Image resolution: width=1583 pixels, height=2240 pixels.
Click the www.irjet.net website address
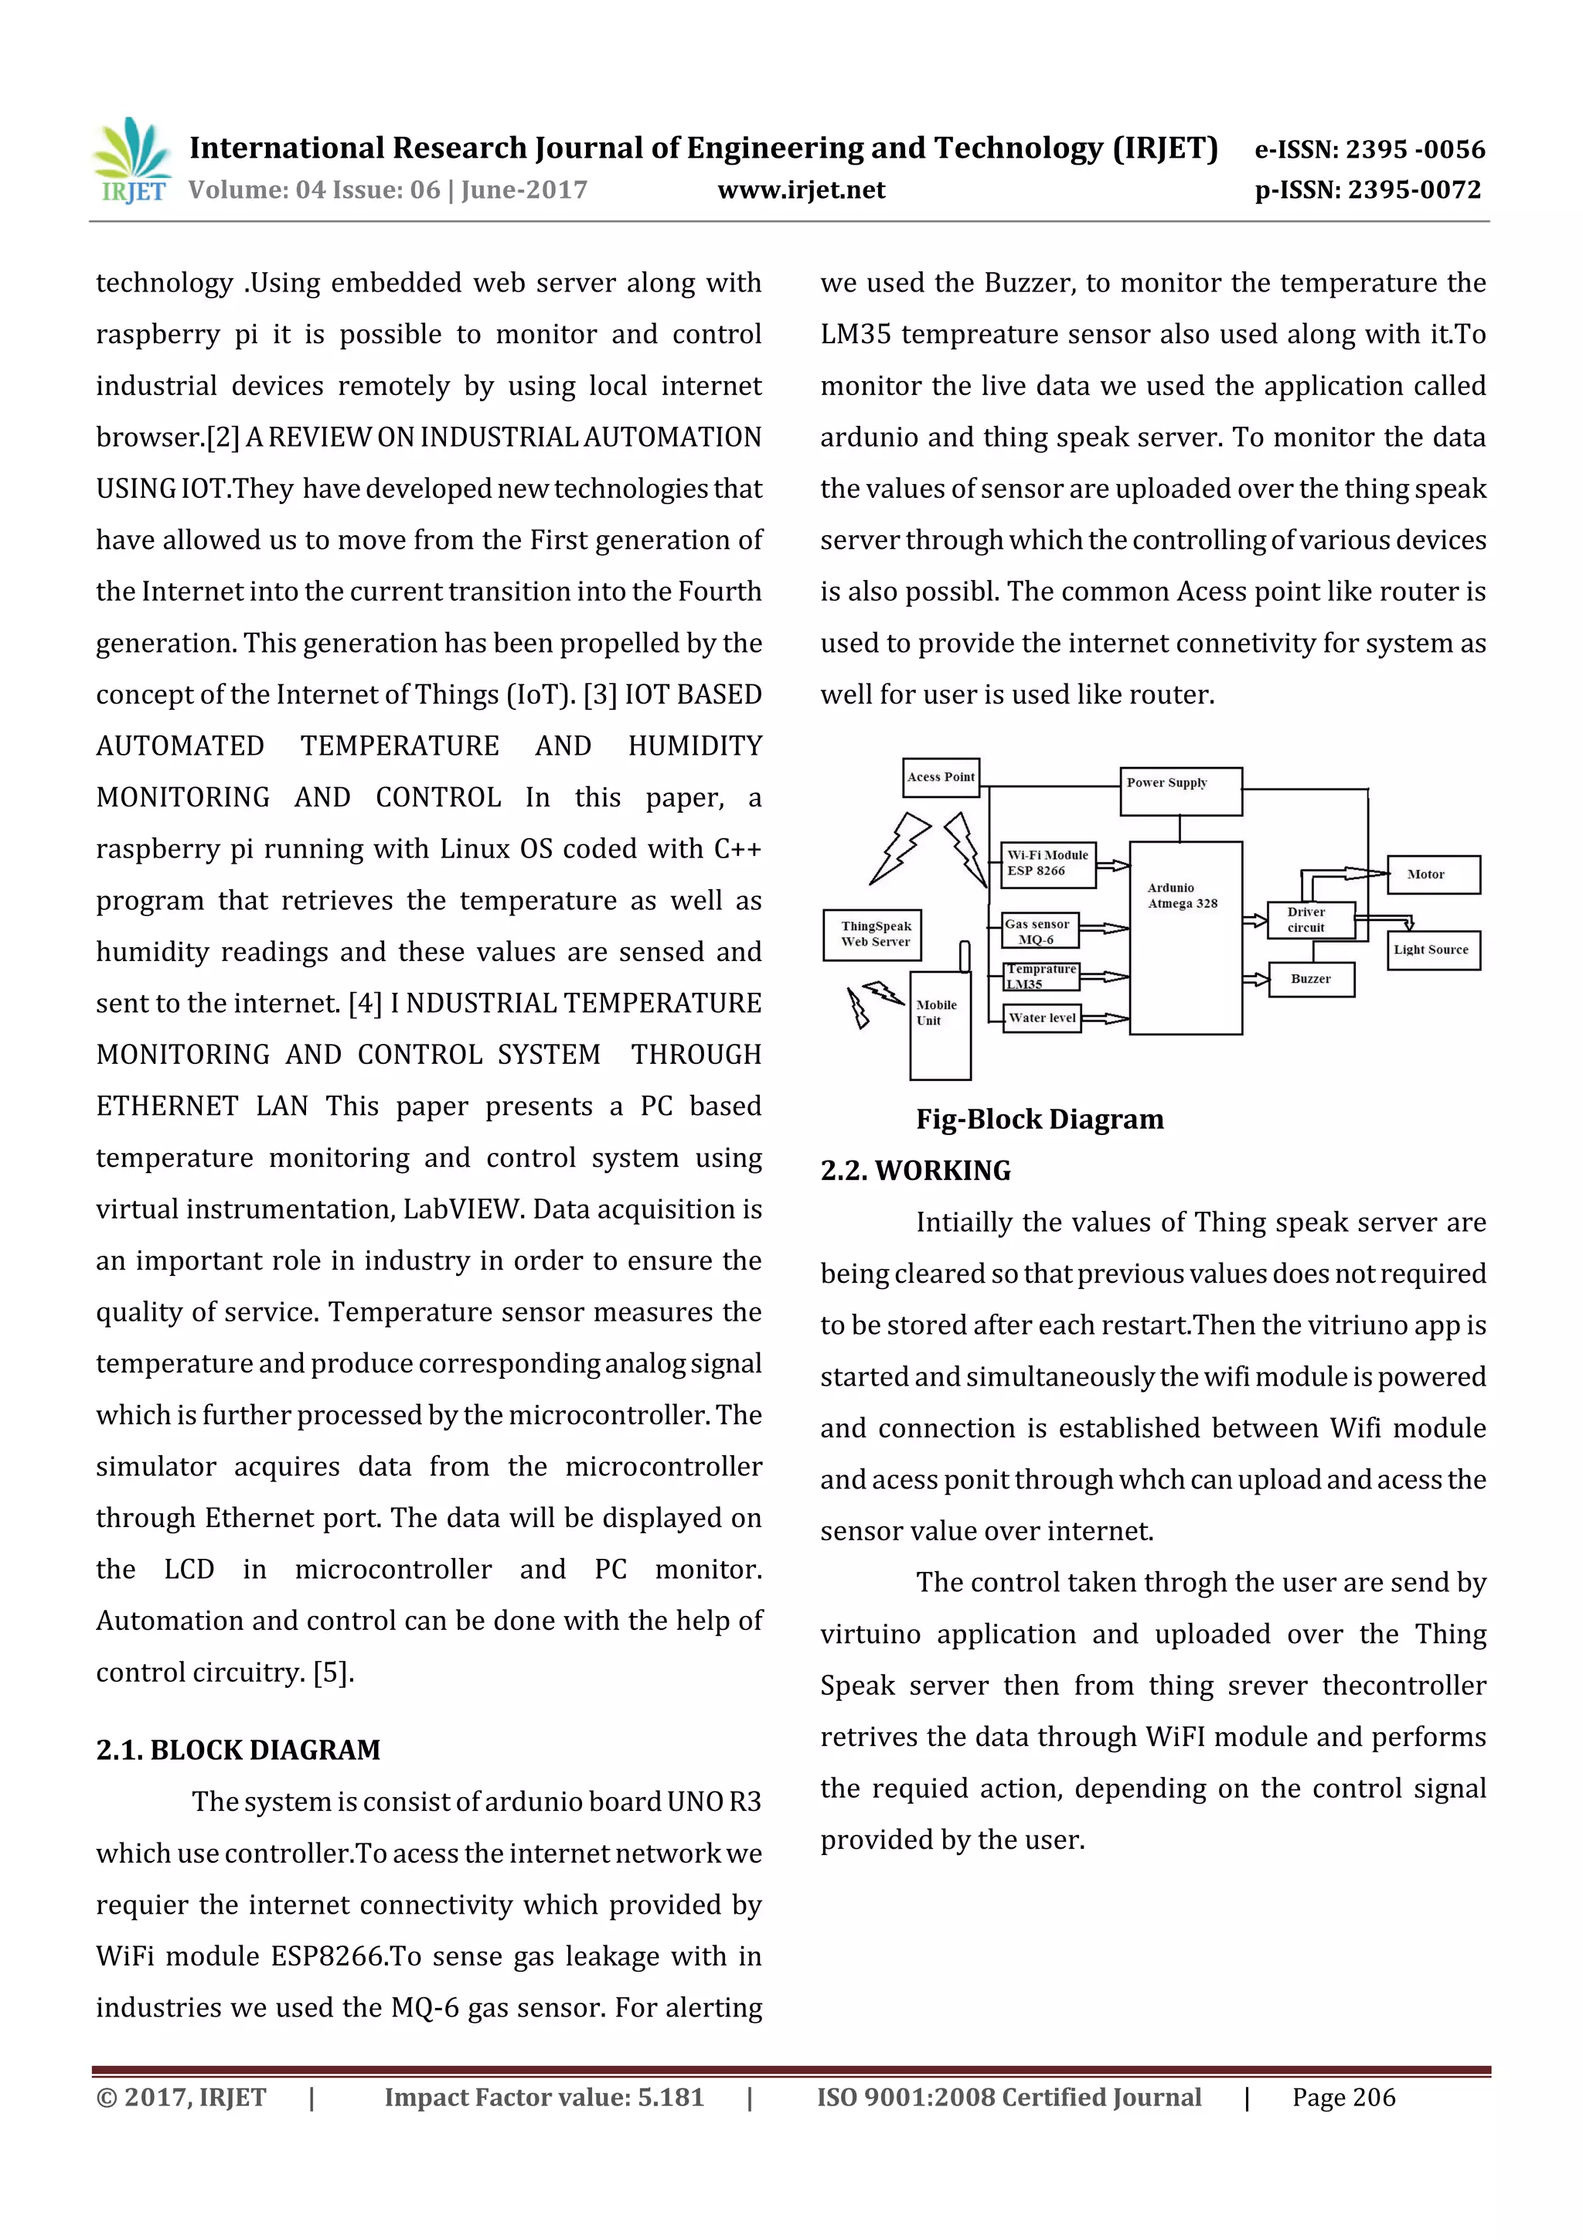click(801, 190)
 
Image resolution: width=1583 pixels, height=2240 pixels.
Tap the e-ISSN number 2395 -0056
click(1370, 149)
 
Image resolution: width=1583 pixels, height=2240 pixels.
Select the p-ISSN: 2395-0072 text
click(1367, 190)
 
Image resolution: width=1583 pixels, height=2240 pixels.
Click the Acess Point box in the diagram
click(940, 778)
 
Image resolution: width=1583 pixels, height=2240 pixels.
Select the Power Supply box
click(1180, 791)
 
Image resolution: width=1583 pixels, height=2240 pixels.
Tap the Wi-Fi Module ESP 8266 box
click(1047, 864)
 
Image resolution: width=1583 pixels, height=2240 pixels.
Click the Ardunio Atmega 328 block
click(1185, 936)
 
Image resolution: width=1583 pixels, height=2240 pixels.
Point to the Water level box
click(1042, 1018)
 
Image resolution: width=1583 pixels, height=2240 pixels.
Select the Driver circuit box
click(1310, 920)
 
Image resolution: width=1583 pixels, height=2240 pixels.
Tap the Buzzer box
click(1311, 979)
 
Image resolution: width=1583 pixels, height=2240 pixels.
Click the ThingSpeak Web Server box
click(872, 935)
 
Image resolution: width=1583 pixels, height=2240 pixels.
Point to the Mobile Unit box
click(939, 1025)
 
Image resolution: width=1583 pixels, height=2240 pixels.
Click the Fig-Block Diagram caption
click(1039, 1119)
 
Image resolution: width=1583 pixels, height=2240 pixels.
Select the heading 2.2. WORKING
click(915, 1171)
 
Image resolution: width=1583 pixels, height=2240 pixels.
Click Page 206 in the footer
click(1343, 2098)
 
